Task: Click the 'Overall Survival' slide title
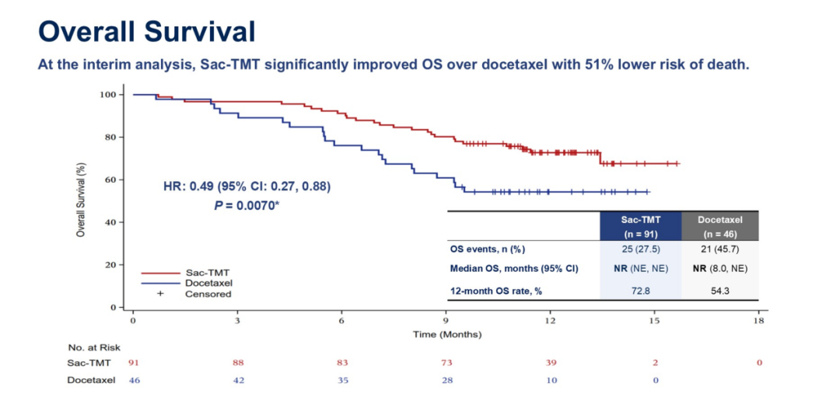146,32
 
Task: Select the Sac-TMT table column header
640,226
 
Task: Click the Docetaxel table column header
719,226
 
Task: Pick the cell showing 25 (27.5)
640,249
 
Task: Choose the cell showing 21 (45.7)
719,249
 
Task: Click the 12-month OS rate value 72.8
640,290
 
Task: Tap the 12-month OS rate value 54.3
719,290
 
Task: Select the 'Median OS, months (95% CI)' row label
515,269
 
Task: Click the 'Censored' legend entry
208,294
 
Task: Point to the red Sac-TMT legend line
160,274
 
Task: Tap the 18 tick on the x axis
758,321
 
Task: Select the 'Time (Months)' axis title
447,334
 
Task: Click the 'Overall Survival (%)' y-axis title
81,200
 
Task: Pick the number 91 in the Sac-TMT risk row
134,362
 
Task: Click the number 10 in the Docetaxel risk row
551,380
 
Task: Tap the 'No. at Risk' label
93,347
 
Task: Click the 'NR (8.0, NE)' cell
719,269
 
